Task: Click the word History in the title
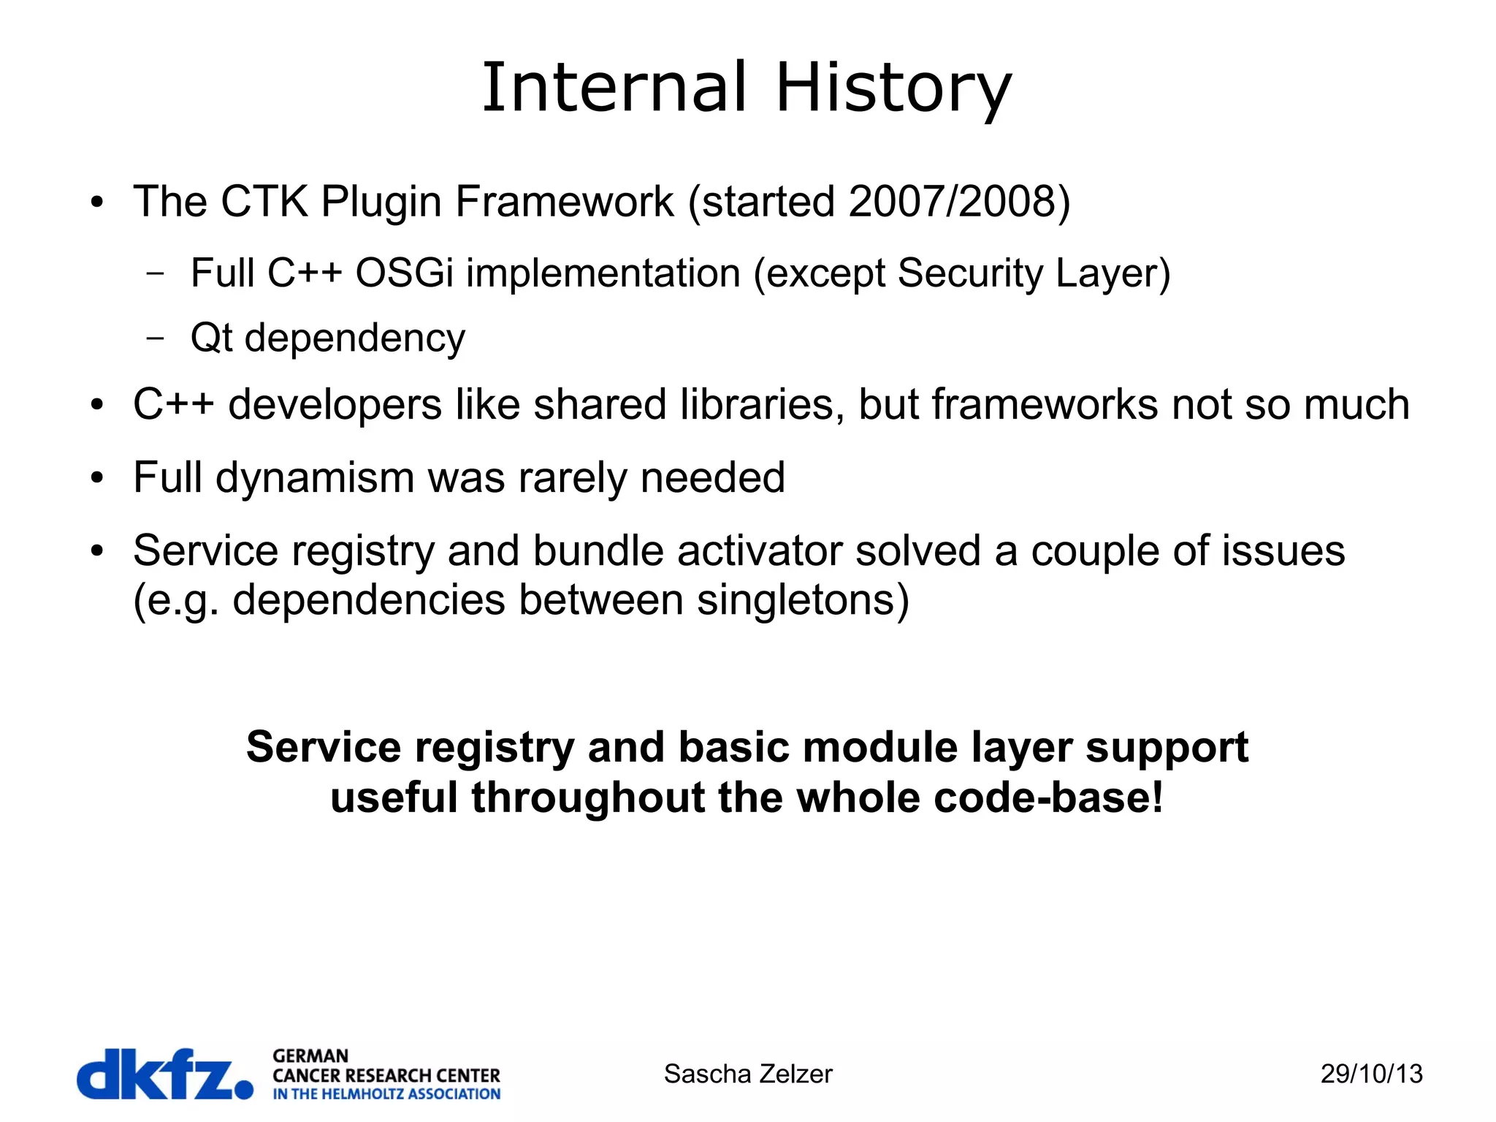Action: coord(893,89)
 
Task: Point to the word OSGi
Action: coord(404,273)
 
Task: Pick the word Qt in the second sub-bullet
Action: coord(210,338)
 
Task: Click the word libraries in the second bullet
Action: coord(763,404)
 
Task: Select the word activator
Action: coord(760,550)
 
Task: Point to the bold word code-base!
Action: coord(1048,797)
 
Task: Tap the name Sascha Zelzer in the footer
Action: coord(747,1074)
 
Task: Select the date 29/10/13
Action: coord(1371,1074)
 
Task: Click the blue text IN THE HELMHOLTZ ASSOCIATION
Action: coord(386,1094)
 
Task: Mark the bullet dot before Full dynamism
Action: coord(97,479)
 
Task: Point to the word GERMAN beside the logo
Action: coord(310,1056)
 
